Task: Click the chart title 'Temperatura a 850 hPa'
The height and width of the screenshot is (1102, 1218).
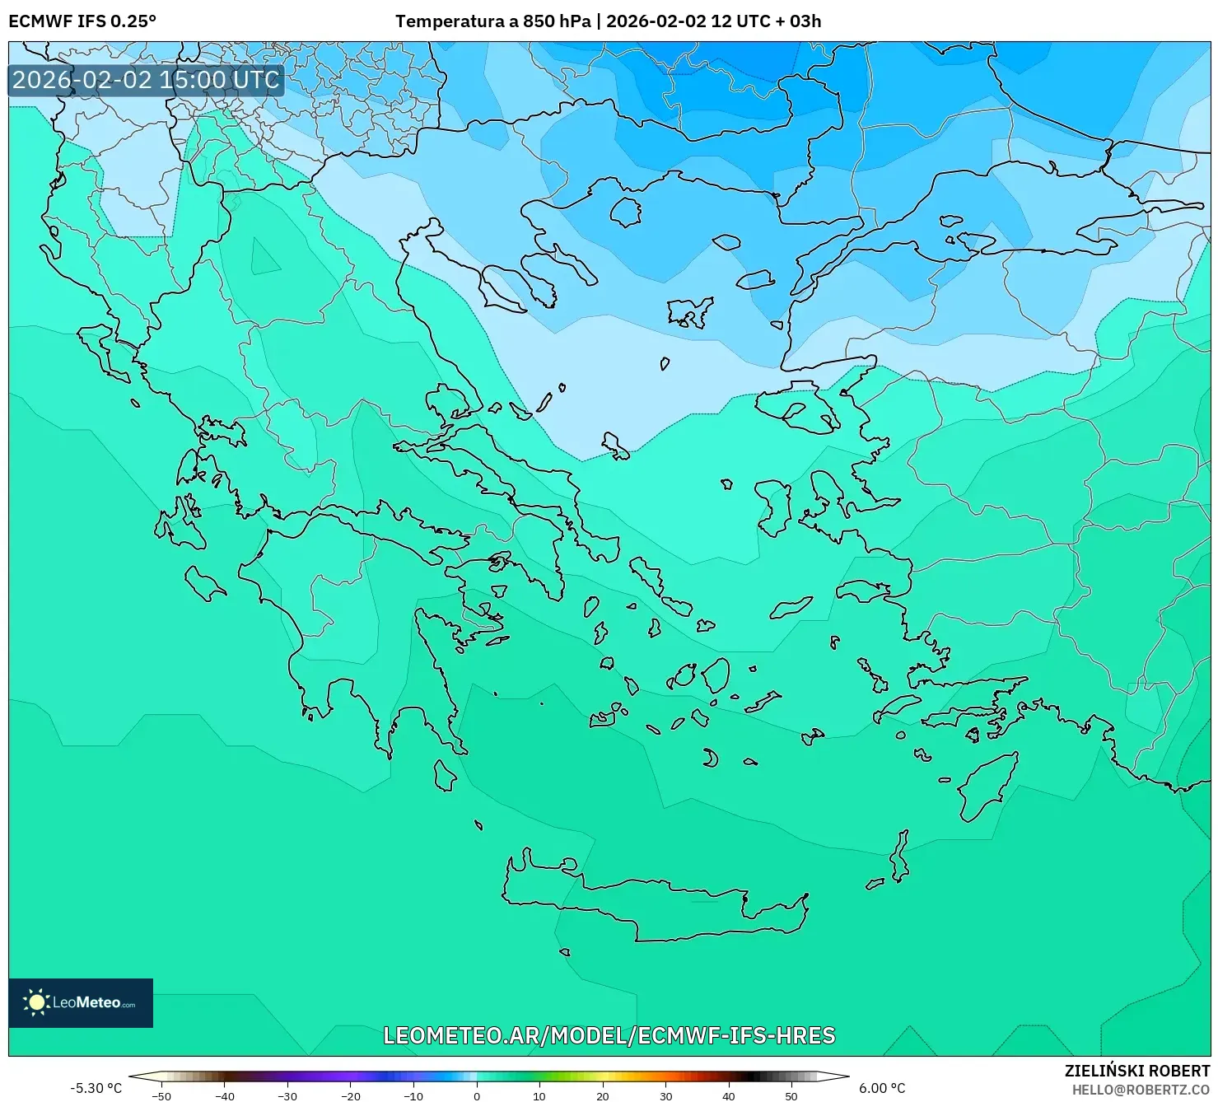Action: (x=492, y=21)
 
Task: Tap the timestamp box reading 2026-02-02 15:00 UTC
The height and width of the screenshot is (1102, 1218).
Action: (x=146, y=80)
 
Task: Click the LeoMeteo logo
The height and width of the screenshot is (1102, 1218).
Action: (x=81, y=1002)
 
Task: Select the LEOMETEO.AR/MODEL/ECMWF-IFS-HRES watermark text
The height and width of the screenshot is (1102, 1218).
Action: (x=609, y=1035)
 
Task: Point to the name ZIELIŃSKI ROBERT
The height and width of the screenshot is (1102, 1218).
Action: (x=1136, y=1072)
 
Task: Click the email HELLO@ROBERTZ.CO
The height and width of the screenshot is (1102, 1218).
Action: (x=1141, y=1090)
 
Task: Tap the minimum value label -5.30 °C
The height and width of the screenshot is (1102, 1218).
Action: (x=96, y=1088)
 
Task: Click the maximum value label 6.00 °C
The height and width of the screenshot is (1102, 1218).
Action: (x=882, y=1088)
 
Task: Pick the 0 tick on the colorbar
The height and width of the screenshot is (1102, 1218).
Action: (x=477, y=1096)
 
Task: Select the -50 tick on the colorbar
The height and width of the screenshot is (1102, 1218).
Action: (x=161, y=1096)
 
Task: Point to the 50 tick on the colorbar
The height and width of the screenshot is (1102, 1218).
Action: (x=791, y=1096)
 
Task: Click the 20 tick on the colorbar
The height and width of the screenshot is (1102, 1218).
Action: (x=603, y=1096)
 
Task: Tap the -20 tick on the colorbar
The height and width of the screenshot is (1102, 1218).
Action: (x=351, y=1096)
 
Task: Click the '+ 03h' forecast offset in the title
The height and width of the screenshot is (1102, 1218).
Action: (x=798, y=21)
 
